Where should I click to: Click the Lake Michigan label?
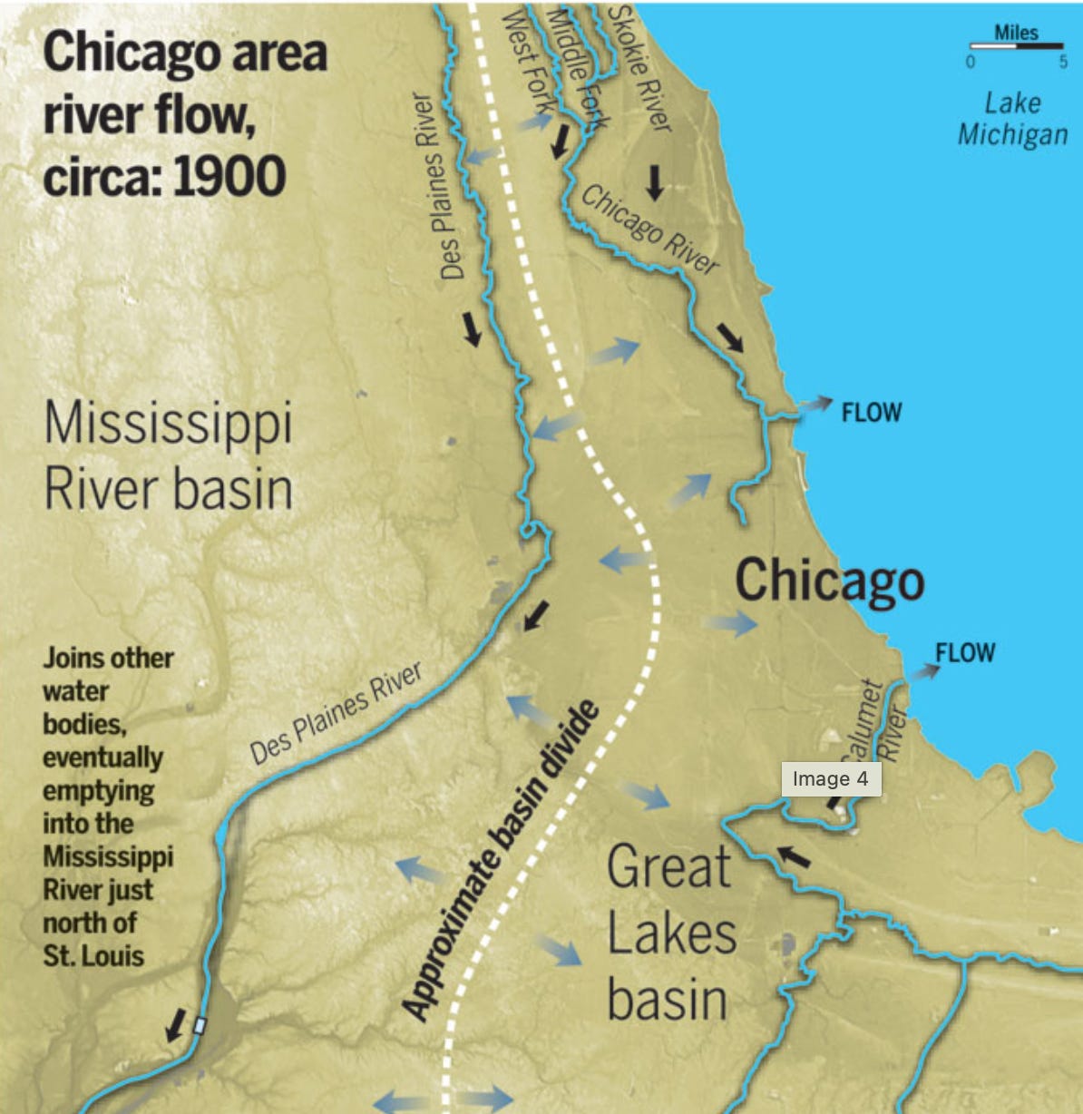point(1012,119)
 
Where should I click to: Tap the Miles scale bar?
point(1016,45)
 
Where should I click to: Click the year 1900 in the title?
point(229,176)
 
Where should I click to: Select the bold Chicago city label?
point(829,581)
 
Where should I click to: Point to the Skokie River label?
point(639,68)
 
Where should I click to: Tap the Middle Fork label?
point(577,68)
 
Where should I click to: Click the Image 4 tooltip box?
point(830,779)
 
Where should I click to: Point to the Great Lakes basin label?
point(671,933)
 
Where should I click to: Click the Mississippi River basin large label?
point(169,456)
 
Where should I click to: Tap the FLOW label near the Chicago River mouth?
point(872,413)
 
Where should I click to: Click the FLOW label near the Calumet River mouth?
point(965,653)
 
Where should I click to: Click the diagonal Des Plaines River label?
point(337,713)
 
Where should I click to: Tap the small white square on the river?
point(200,1025)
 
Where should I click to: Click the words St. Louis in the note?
point(93,955)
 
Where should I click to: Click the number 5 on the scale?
point(1063,63)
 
